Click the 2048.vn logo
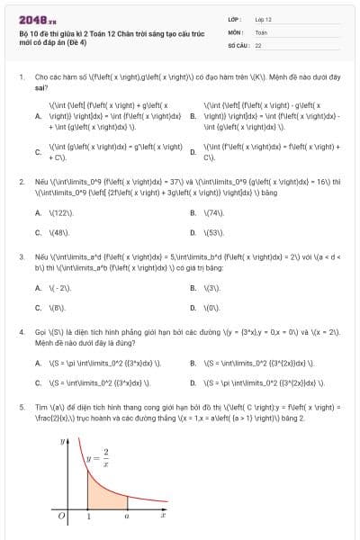click(x=32, y=18)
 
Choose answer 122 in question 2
click(x=60, y=213)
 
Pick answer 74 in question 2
click(x=214, y=213)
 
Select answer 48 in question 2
click(x=59, y=232)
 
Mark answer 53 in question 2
click(x=214, y=232)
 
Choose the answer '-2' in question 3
click(x=59, y=288)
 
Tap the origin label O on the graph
click(x=60, y=517)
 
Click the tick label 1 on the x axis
click(x=88, y=517)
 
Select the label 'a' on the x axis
click(x=127, y=516)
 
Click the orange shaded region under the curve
click(x=103, y=495)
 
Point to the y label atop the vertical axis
click(x=62, y=442)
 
